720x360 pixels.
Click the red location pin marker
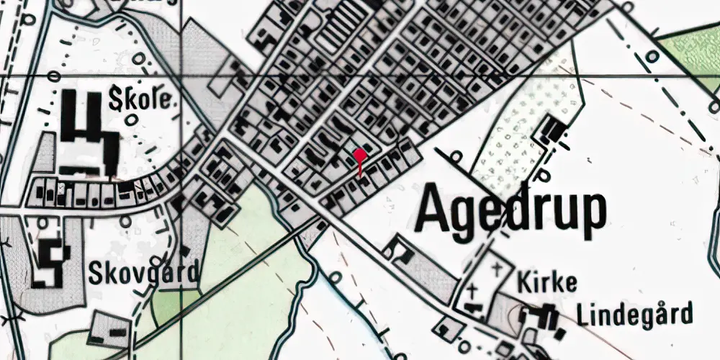click(x=360, y=156)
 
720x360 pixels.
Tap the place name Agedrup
click(x=511, y=210)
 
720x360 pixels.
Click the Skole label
click(x=142, y=100)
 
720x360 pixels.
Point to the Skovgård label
click(x=143, y=273)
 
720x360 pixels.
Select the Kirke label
click(x=546, y=282)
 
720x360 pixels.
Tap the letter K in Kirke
click(x=523, y=282)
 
